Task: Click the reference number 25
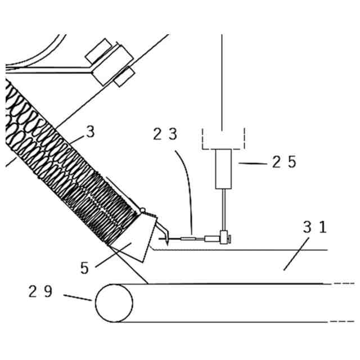(x=283, y=162)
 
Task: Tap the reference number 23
(x=165, y=135)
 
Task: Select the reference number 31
(x=314, y=228)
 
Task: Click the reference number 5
(x=84, y=268)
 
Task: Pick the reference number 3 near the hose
(x=90, y=133)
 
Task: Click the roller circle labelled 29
(x=114, y=303)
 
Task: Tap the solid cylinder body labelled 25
(x=223, y=169)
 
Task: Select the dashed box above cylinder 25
(x=223, y=138)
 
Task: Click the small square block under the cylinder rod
(x=223, y=237)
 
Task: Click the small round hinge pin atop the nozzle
(x=143, y=210)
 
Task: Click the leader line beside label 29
(x=77, y=298)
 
